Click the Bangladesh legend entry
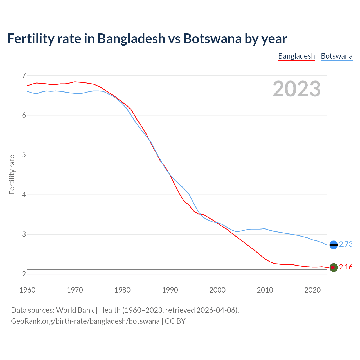click(296, 56)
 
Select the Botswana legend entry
click(337, 56)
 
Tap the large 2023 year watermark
click(297, 89)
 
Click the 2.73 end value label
click(346, 244)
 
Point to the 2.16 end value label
click(346, 267)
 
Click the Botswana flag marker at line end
click(334, 245)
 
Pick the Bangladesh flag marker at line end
click(334, 267)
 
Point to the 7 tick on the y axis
click(24, 75)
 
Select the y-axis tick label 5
click(24, 155)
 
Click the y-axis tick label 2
click(24, 274)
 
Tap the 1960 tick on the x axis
click(27, 290)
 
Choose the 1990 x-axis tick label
click(170, 290)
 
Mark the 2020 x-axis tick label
click(312, 290)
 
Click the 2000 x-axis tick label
click(217, 290)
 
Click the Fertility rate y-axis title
click(12, 174)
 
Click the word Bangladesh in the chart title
click(131, 39)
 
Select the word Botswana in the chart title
click(212, 39)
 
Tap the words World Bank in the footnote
click(75, 310)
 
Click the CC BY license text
click(175, 321)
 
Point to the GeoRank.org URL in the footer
click(85, 321)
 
